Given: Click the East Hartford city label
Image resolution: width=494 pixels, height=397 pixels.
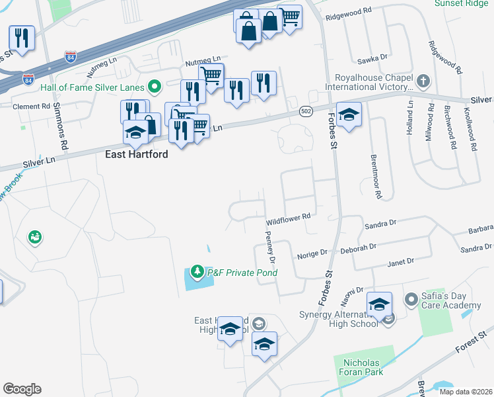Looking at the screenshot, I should click(x=137, y=154).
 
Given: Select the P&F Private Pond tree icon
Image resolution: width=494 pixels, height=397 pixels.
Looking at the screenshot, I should click(x=197, y=272).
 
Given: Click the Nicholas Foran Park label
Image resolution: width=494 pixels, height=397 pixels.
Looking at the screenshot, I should click(x=369, y=368).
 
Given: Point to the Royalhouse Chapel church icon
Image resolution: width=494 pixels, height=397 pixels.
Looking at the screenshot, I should click(x=423, y=81).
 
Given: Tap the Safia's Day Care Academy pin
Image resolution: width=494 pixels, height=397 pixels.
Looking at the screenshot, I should click(x=411, y=300).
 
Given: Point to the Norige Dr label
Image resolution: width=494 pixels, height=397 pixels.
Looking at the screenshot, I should click(x=312, y=253).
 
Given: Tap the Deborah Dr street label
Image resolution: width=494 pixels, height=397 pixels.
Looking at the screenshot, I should click(x=358, y=247).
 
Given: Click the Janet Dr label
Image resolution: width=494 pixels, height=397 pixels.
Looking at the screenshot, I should click(x=400, y=262).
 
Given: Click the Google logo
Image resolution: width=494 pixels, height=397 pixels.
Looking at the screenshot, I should click(x=22, y=389).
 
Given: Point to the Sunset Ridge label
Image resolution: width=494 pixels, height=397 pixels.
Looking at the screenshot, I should click(x=463, y=3).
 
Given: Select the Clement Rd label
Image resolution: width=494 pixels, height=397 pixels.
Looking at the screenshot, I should click(x=32, y=106).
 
